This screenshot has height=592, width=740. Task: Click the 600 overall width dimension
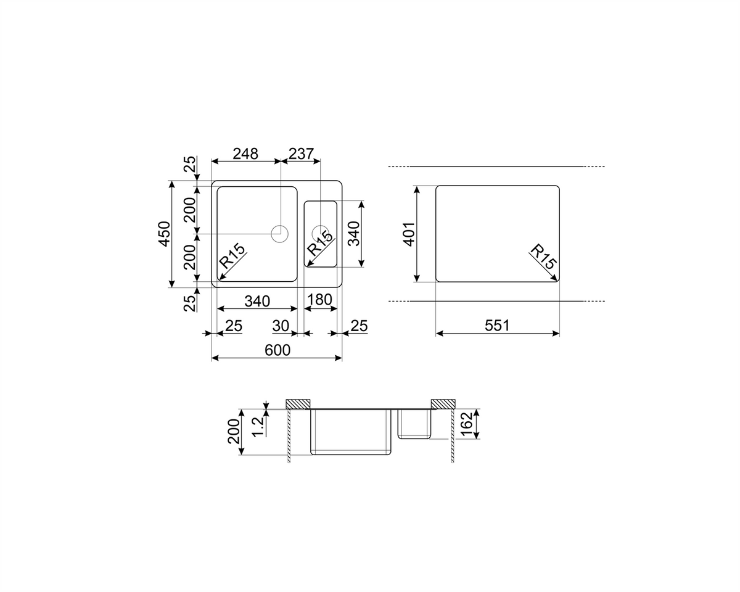(x=277, y=350)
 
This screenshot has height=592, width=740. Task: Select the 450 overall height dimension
(x=165, y=234)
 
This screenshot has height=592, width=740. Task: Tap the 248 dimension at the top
(x=245, y=154)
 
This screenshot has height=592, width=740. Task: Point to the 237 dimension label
(x=301, y=154)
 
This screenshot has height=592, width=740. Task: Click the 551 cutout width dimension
(x=497, y=325)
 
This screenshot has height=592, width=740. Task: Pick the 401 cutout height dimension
(x=409, y=234)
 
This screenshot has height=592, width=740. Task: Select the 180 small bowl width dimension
(x=319, y=299)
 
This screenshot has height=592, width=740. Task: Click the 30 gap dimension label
(x=281, y=326)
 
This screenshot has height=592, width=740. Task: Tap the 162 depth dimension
(x=467, y=424)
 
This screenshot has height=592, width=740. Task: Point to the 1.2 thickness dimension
(x=258, y=426)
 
